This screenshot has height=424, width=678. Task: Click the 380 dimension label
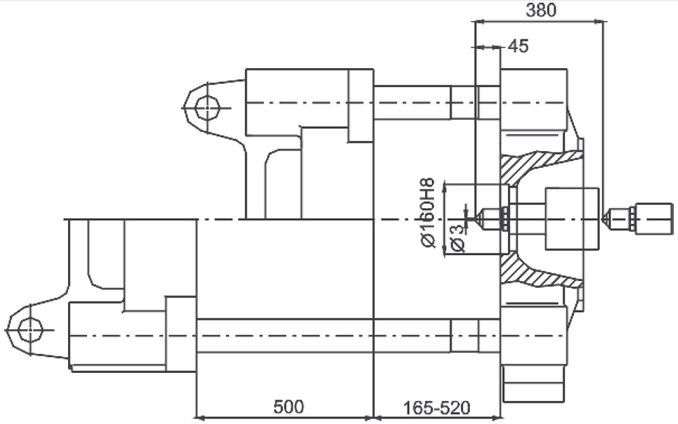[x=541, y=10]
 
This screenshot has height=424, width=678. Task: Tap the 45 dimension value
[x=518, y=46]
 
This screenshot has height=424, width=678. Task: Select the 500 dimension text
[x=288, y=407]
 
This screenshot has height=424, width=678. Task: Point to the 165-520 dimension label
[x=437, y=408]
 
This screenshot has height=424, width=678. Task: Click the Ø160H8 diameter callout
[x=427, y=212]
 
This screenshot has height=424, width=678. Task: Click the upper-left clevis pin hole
[x=207, y=108]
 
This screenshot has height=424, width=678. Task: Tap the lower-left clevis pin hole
[x=31, y=330]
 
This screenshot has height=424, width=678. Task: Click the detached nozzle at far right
[x=639, y=219]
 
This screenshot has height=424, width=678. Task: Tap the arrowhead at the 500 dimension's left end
[x=200, y=418]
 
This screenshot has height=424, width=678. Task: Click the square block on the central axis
[x=572, y=219]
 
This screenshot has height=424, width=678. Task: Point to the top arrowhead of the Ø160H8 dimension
[x=445, y=188]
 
